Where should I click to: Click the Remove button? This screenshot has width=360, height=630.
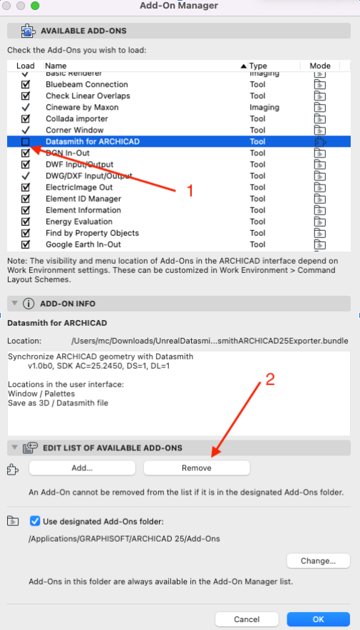[x=197, y=468]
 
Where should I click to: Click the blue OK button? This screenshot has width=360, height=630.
[x=318, y=619]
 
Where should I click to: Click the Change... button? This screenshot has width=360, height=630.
[x=318, y=561]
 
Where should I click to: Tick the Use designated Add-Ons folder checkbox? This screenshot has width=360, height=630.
[x=36, y=521]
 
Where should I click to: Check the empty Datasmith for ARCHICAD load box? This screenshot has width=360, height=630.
[x=26, y=142]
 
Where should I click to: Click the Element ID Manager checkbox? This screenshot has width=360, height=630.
[x=26, y=199]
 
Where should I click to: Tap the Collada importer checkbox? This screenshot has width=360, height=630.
[x=26, y=118]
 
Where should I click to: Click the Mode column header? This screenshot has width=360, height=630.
[x=320, y=66]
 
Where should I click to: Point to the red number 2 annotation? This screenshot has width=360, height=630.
[x=269, y=380]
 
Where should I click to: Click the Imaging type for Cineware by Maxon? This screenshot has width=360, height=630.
[x=264, y=107]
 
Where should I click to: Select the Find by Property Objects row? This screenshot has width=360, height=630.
[x=92, y=233]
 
